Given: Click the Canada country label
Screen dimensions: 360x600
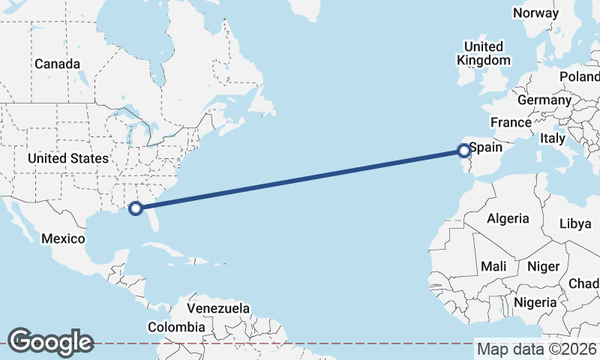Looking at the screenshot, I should click(56, 64).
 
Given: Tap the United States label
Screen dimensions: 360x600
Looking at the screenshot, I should click(67, 158).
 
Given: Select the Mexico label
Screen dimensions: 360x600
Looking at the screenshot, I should click(64, 238).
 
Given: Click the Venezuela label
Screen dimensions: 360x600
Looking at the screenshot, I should click(217, 308).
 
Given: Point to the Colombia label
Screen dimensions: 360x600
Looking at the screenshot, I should click(176, 327).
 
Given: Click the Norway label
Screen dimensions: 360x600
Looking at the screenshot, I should click(535, 13).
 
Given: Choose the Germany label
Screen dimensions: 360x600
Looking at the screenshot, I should click(544, 100).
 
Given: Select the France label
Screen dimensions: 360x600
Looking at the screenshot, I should click(511, 122).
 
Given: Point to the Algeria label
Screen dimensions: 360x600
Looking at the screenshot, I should click(508, 219).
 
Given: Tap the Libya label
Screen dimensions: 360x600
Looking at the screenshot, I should click(575, 223).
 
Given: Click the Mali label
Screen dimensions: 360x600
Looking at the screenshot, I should click(493, 266).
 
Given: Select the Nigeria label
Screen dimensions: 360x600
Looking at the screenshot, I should click(535, 302).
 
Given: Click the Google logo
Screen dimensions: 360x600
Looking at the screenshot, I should click(50, 341).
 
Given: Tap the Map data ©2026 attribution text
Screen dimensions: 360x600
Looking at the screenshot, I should click(536, 349).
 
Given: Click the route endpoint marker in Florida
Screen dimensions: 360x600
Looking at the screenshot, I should click(136, 208).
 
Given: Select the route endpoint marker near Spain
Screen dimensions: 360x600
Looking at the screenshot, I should click(463, 151).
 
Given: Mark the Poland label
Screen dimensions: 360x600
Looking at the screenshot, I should click(580, 77).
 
